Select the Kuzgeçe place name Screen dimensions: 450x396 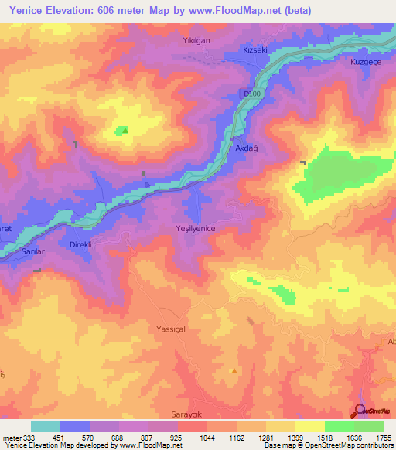[366, 61]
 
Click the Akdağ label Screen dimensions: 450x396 [244, 151]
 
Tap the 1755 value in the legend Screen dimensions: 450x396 [384, 437]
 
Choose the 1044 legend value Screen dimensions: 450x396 [207, 437]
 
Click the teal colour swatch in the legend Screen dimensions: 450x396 [46, 426]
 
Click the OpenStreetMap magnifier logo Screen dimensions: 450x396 [360, 411]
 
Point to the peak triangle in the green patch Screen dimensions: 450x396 [125, 130]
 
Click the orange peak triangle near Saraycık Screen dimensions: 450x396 [234, 370]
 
